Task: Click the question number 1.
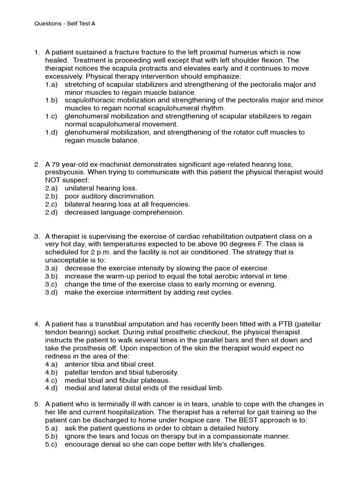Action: coord(37,52)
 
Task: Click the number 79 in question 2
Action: coord(56,164)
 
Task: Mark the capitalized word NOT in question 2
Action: coord(54,180)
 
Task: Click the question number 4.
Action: coord(37,324)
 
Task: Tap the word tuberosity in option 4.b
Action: coord(161,372)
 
